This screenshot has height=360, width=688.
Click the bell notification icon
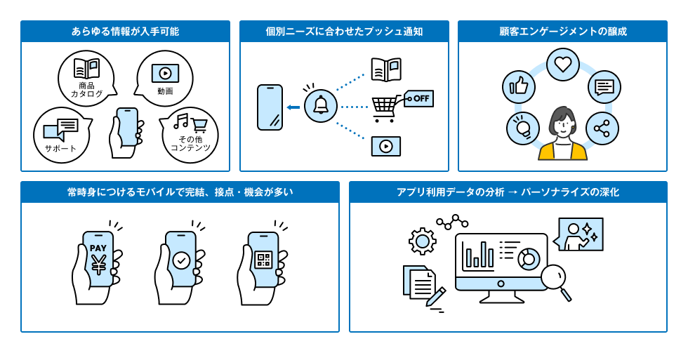click(x=321, y=107)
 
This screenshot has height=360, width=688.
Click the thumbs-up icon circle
click(x=519, y=87)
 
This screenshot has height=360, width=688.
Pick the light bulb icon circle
click(x=522, y=128)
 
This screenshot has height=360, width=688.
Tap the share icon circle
click(x=602, y=128)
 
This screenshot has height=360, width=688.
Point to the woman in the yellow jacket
click(x=562, y=135)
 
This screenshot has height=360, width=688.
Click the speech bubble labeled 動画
click(x=165, y=78)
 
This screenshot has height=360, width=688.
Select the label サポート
click(x=60, y=148)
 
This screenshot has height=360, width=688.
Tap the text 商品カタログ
click(x=86, y=89)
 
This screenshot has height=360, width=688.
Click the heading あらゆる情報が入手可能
click(x=125, y=32)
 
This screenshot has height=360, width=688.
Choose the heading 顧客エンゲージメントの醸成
click(x=562, y=32)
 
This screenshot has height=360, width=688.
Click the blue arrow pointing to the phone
click(x=293, y=107)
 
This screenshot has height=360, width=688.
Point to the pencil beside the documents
click(x=436, y=295)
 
